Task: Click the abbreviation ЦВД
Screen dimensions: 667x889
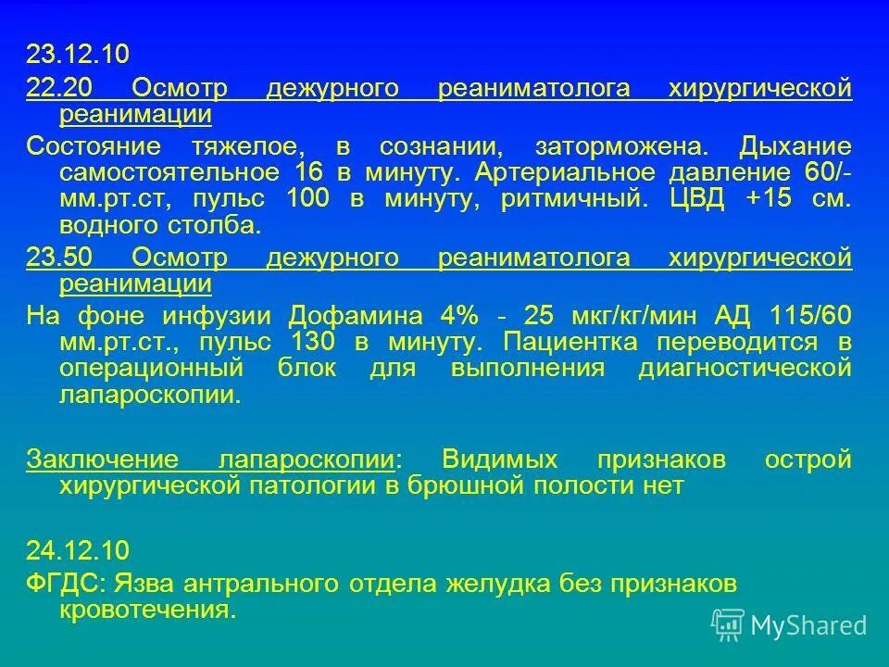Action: click(692, 199)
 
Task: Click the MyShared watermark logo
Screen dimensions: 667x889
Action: click(790, 625)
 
